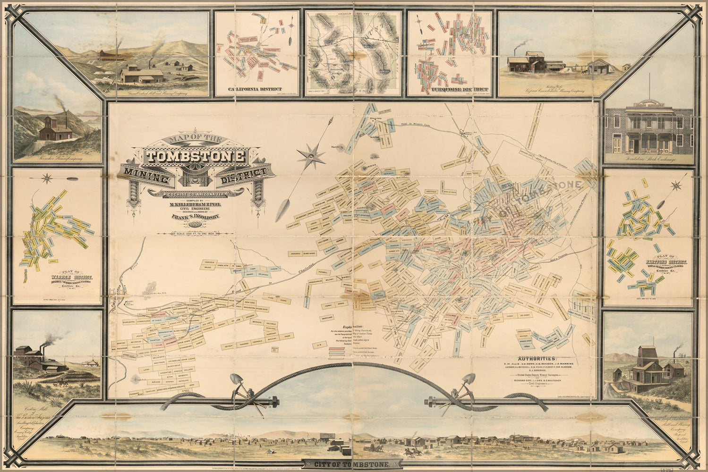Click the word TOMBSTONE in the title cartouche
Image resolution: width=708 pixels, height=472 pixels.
point(195,157)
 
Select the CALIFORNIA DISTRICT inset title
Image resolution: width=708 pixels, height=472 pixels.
point(256,89)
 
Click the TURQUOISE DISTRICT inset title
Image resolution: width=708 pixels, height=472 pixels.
point(450,89)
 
